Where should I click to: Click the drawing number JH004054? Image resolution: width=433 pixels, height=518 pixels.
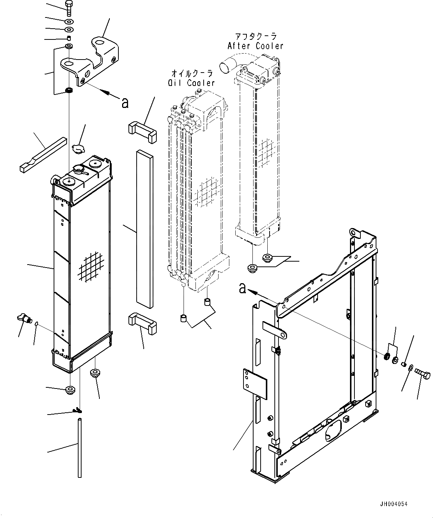tap(393, 504)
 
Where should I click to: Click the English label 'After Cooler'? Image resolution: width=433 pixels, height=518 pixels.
tap(255, 46)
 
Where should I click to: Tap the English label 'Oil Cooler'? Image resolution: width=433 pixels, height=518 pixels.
tap(191, 83)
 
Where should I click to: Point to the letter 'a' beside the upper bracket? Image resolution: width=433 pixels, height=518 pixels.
tap(125, 102)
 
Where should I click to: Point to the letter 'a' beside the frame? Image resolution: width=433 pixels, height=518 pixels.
tap(243, 288)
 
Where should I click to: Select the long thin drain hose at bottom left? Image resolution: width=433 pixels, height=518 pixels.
tap(79, 447)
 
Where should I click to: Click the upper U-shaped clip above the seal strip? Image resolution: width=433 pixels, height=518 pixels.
tap(142, 133)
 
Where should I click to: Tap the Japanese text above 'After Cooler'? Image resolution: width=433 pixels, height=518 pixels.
tap(255, 36)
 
